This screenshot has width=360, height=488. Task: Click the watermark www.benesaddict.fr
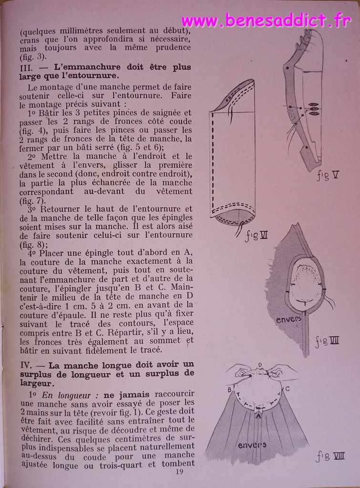[266, 20]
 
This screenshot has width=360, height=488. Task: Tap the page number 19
[180, 472]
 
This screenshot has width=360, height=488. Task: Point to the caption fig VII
[327, 341]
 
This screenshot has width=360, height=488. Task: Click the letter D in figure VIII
[260, 365]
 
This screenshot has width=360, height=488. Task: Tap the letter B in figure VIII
[229, 389]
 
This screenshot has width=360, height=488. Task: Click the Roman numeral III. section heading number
[26, 67]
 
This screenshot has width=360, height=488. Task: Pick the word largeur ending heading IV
[36, 382]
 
